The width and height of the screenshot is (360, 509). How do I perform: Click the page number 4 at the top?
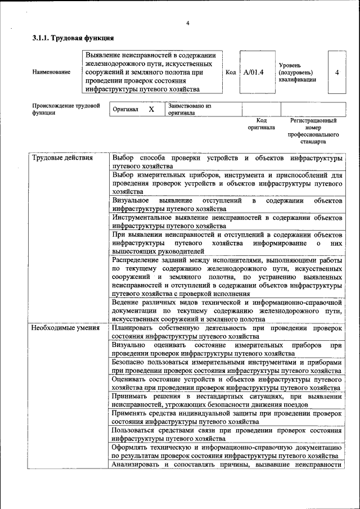(187, 22)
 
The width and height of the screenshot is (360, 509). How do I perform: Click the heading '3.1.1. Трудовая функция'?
(73, 38)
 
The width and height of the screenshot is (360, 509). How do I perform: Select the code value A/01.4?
(254, 72)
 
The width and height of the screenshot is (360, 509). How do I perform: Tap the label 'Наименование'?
(52, 73)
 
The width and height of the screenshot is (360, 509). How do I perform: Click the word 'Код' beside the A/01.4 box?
(231, 73)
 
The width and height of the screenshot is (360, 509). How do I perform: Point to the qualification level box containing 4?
(336, 73)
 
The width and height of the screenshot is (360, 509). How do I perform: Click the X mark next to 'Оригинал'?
(151, 109)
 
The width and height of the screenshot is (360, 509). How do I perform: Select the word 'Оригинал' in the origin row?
(125, 109)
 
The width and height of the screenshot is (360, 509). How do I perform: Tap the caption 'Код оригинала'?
(262, 124)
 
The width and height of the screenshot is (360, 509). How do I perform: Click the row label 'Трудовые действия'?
(62, 157)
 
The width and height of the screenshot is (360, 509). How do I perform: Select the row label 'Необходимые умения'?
(65, 327)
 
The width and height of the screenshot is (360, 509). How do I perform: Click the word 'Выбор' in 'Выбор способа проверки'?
(124, 157)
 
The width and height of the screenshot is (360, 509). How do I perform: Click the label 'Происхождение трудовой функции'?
(66, 109)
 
